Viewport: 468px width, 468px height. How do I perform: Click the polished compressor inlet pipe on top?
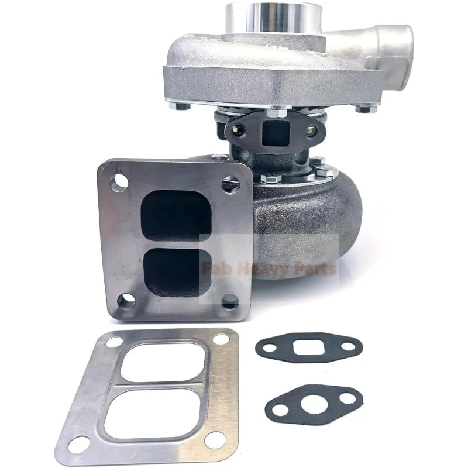click(x=275, y=18)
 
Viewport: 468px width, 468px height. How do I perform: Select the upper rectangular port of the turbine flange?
click(x=175, y=215)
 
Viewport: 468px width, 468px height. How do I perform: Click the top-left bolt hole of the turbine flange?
click(x=119, y=182)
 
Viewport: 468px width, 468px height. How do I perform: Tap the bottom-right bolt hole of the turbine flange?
click(x=230, y=301)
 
